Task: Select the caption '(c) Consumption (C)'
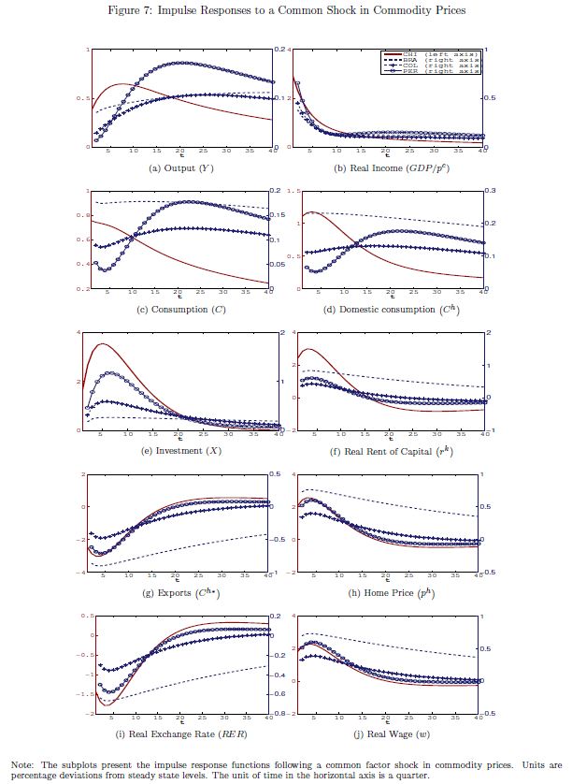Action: tap(180, 309)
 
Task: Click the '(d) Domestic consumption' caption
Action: tap(385, 309)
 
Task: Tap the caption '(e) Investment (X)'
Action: tap(180, 450)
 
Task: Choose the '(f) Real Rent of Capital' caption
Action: tap(385, 450)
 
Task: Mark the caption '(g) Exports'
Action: tap(180, 592)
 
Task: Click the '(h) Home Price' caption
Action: tap(385, 592)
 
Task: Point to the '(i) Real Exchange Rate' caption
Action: tap(180, 734)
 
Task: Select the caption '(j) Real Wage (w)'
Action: tap(385, 734)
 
